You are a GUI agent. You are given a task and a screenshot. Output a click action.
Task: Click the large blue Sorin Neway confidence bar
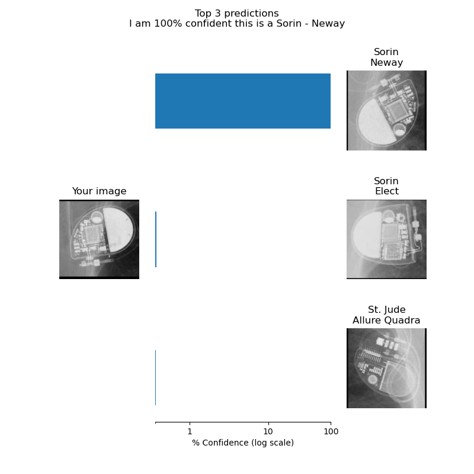[243, 101]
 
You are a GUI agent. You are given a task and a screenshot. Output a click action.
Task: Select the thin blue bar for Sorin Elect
[156, 239]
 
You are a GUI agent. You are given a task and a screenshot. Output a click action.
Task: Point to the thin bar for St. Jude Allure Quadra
[155, 377]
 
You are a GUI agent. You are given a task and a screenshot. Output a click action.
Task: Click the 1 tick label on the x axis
[190, 431]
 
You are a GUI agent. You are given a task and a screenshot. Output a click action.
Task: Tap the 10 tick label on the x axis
[268, 431]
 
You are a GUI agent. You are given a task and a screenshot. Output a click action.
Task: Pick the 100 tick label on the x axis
[331, 431]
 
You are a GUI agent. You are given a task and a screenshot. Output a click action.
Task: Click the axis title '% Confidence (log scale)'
[243, 443]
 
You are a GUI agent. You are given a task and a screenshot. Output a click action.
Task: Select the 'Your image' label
[99, 191]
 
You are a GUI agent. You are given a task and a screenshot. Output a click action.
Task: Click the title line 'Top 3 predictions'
[236, 13]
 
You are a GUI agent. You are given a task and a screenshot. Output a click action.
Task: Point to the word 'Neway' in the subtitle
[328, 24]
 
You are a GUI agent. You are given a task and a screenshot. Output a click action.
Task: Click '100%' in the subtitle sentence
[168, 24]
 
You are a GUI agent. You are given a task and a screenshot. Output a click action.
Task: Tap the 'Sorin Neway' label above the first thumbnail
[386, 57]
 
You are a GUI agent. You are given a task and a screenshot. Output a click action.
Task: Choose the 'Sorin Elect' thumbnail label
[386, 186]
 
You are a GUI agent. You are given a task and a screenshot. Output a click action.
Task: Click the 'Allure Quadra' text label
[386, 320]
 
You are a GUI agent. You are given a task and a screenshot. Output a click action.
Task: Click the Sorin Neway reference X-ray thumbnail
[386, 110]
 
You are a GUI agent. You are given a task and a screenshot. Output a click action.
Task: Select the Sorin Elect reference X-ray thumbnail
[386, 239]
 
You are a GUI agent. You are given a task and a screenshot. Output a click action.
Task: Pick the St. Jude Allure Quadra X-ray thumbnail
[386, 368]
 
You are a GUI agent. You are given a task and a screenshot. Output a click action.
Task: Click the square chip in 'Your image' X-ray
[93, 233]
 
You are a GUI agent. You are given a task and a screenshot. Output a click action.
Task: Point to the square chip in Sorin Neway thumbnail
[397, 111]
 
